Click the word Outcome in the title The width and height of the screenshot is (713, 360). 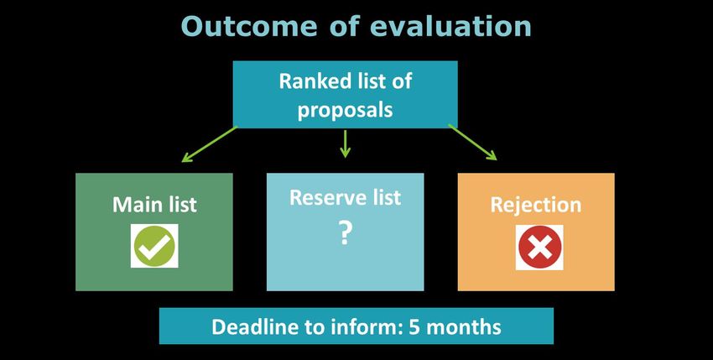249,26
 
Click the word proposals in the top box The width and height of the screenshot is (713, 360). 345,111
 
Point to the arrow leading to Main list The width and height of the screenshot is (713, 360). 209,143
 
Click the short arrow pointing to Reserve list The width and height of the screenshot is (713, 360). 345,143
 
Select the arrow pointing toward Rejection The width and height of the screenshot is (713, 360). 473,142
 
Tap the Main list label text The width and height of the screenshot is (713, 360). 154,205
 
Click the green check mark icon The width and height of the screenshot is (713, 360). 154,246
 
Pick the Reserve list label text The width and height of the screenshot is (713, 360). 345,197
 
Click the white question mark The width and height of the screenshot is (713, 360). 345,233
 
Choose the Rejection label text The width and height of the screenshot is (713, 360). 536,206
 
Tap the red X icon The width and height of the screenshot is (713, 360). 539,247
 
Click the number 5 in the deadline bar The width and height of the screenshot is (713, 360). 414,326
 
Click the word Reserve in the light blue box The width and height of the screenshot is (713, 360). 329,197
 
